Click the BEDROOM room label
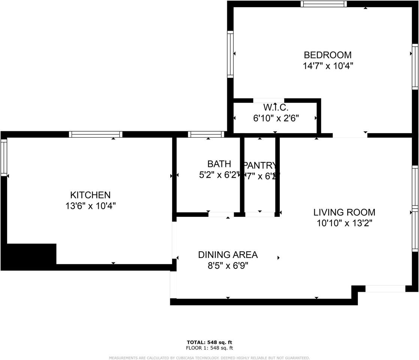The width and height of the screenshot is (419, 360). [327, 55]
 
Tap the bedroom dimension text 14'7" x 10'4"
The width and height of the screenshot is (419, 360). [327, 66]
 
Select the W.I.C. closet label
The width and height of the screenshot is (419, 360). [275, 108]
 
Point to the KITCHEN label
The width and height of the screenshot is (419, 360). [90, 195]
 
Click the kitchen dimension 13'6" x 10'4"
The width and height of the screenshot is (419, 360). [90, 206]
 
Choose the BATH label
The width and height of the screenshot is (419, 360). [219, 164]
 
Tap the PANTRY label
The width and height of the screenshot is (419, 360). [260, 165]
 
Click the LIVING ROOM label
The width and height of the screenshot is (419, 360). [344, 212]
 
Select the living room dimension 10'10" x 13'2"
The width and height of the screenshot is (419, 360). [344, 223]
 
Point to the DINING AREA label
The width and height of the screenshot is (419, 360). [228, 255]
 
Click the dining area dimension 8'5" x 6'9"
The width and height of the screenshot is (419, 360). [228, 266]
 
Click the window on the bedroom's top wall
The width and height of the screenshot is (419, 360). [323, 4]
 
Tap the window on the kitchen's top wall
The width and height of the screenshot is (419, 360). [96, 134]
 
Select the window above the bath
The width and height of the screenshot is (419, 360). [206, 134]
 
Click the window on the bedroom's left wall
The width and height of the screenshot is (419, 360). [230, 54]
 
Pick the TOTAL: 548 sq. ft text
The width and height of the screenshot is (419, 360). [209, 342]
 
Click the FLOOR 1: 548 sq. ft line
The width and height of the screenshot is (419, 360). [209, 348]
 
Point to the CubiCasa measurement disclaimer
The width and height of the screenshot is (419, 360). [209, 358]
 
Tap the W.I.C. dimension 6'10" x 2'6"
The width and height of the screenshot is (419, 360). [275, 118]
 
